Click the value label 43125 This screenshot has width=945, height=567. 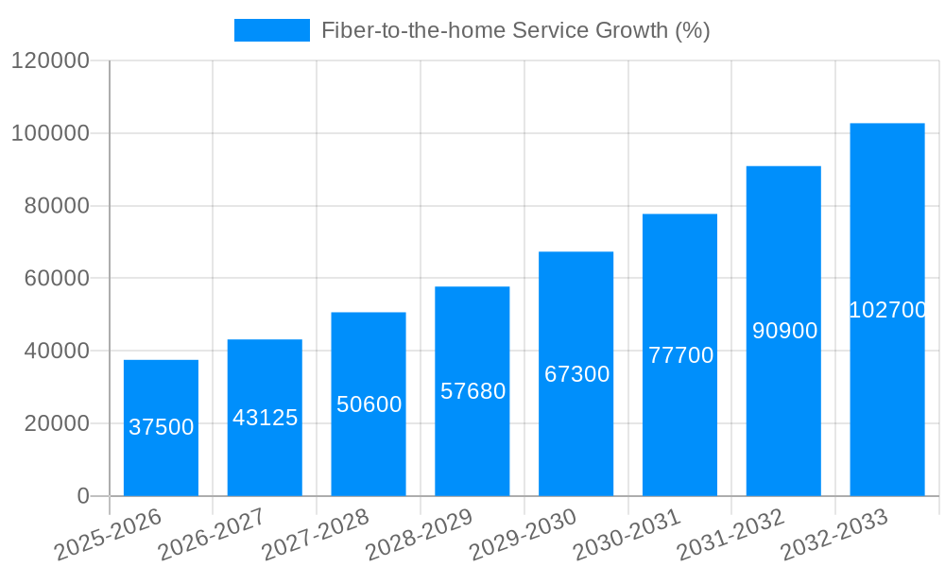(265, 418)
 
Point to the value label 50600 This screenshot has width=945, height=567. (369, 404)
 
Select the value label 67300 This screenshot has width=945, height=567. (576, 374)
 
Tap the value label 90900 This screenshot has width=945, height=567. (784, 331)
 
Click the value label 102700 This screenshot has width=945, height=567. (887, 310)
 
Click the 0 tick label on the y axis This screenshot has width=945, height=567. (83, 496)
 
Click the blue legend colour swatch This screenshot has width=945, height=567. (272, 30)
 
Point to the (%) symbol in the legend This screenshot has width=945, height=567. (692, 30)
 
